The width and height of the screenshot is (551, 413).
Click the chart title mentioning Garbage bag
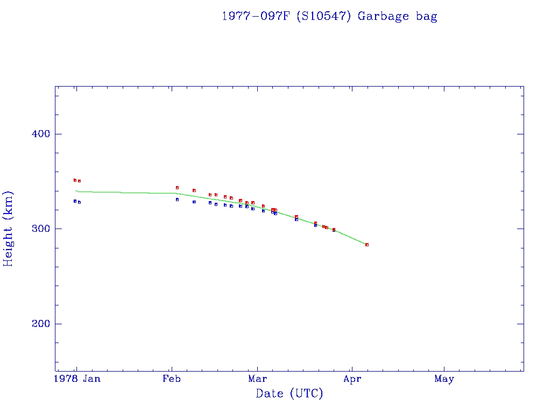coord(329,16)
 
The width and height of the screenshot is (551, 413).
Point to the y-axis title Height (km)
coord(9,229)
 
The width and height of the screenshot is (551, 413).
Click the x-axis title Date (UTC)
coord(289,394)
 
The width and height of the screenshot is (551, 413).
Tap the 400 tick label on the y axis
coord(38,134)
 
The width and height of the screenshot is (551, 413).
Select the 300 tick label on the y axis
coord(38,229)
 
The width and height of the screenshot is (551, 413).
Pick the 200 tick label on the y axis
coord(38,324)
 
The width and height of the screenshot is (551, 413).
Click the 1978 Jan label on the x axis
coord(77,379)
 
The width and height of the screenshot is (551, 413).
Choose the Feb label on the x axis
coord(172,379)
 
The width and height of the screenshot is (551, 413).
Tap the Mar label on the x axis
coord(258,379)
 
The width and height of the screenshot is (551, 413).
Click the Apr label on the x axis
coord(352,379)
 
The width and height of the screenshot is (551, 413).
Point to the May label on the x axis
coord(444,379)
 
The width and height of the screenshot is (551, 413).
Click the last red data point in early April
coord(367,245)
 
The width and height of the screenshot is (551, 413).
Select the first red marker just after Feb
coord(177,188)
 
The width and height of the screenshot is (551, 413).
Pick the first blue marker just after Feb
coord(177,200)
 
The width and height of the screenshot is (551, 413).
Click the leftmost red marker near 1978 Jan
coord(75,180)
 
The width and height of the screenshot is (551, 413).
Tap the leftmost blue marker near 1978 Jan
coord(75,201)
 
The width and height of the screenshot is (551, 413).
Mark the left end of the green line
coord(76,191)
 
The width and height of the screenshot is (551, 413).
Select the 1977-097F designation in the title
coord(256,16)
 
